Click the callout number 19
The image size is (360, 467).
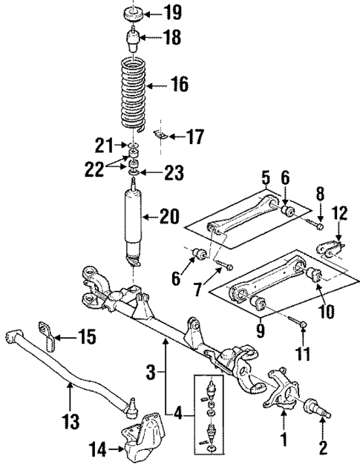(x=171, y=13)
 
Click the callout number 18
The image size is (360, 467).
(x=171, y=38)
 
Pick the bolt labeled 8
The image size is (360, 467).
(x=318, y=223)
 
